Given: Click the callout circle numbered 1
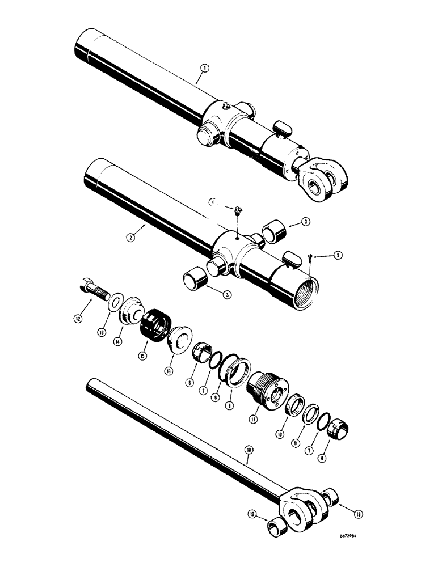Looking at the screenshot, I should tap(204, 68).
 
